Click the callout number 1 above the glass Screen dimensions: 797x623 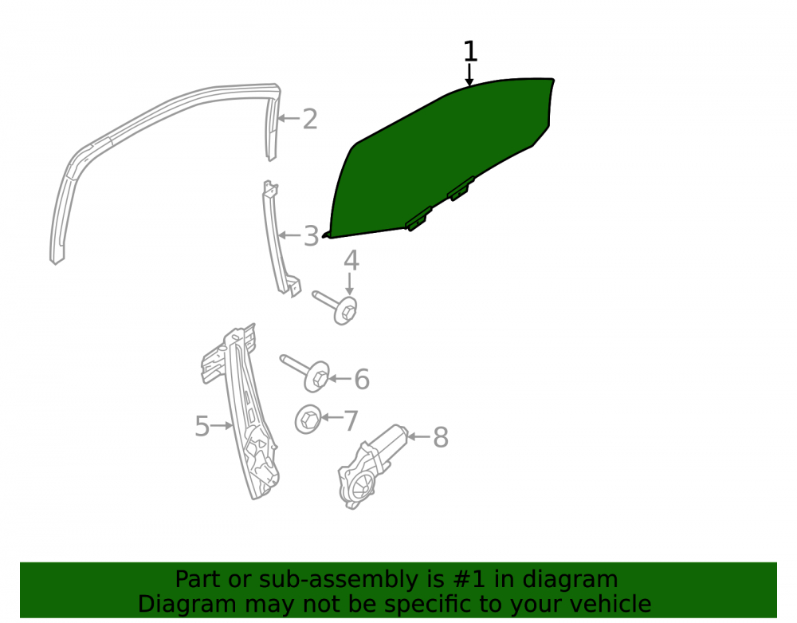point(470,51)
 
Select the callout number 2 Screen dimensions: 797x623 point(310,119)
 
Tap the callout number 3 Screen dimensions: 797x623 point(311,236)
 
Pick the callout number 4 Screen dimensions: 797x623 point(351,260)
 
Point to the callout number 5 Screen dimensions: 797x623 point(202,426)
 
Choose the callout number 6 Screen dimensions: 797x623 point(361,380)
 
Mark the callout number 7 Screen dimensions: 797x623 point(351,421)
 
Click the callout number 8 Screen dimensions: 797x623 point(441,437)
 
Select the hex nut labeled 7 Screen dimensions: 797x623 point(308,420)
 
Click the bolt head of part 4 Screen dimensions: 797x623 point(347,310)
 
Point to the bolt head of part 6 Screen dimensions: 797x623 point(317,377)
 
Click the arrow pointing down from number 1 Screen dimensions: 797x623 point(469,74)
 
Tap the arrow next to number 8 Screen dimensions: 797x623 point(419,436)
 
